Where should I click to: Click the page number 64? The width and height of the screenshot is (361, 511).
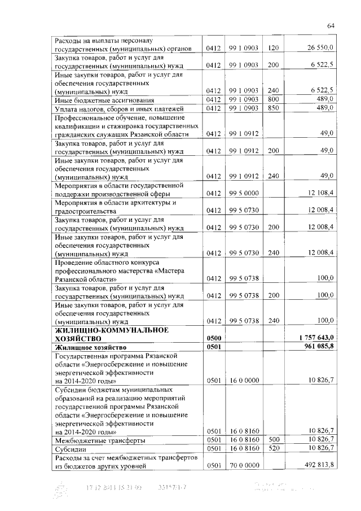pos(331,25)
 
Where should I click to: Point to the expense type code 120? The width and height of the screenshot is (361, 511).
pos(274,49)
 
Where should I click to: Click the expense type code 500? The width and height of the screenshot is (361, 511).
pos(274,439)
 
